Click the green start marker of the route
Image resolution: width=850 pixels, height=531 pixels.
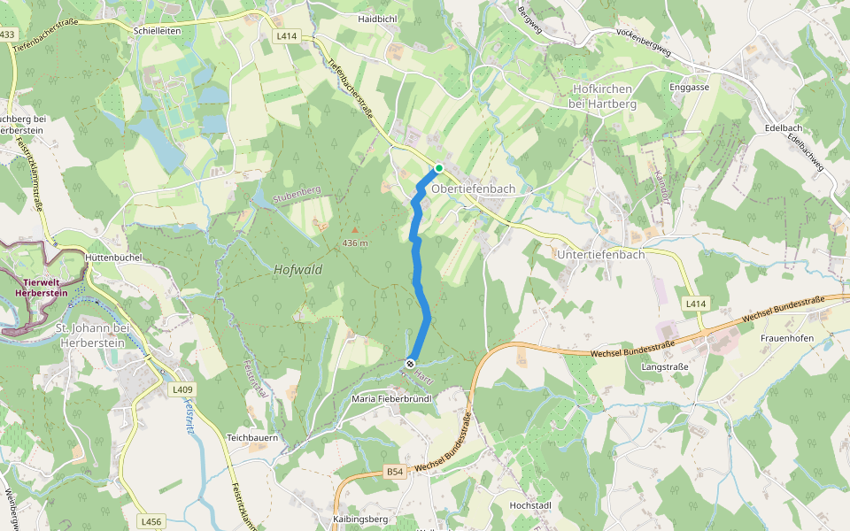(x=438, y=168)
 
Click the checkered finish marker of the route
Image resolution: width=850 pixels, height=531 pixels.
(x=411, y=363)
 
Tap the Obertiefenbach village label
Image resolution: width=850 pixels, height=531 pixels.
(x=473, y=189)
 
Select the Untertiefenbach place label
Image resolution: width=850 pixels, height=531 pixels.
(x=600, y=253)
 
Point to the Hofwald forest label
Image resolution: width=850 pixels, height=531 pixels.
(x=298, y=270)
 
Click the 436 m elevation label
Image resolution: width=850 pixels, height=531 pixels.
(x=354, y=243)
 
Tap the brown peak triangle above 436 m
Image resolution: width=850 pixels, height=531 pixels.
(x=355, y=230)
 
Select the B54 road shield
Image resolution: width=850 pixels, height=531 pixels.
(x=395, y=473)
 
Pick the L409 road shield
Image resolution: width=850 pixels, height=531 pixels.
(x=182, y=389)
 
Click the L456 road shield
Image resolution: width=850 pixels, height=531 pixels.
(x=151, y=522)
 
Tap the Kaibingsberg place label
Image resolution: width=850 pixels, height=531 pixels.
(x=360, y=519)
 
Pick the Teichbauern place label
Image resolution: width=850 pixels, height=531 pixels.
(x=253, y=437)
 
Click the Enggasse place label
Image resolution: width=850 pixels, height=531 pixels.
(x=690, y=88)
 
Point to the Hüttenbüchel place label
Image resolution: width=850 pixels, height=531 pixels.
(x=115, y=258)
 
